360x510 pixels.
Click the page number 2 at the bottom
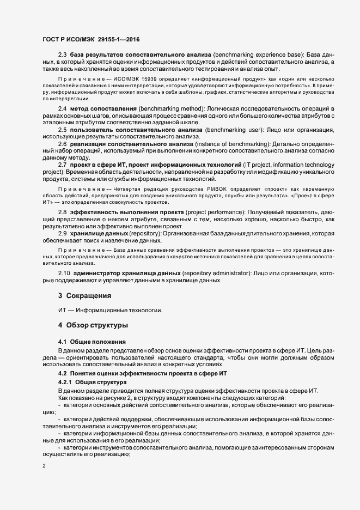[44, 466]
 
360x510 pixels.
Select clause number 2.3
[62, 56]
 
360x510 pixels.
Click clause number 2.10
[63, 272]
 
